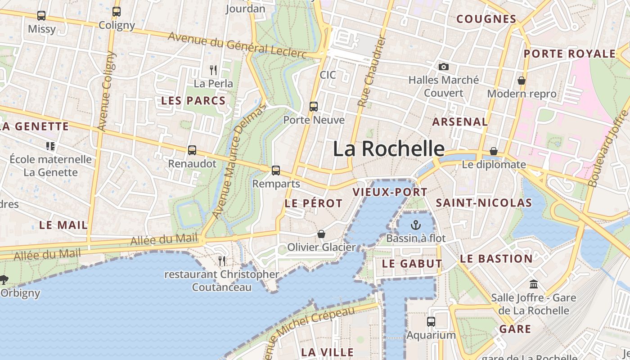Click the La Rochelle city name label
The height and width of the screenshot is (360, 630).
[389, 148]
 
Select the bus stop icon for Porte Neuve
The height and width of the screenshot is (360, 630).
[314, 107]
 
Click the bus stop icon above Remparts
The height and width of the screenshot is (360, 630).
[276, 171]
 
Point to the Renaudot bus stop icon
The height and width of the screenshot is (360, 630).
[192, 150]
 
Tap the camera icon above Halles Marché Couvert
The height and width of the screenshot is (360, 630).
[444, 67]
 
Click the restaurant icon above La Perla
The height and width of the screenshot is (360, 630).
[213, 70]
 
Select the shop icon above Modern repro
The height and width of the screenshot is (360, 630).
[522, 81]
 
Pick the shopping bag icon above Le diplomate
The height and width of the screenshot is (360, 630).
[494, 151]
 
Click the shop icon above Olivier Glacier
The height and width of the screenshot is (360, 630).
[321, 234]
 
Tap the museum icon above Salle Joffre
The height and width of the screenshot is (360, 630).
[534, 284]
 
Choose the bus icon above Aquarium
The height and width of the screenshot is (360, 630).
[431, 322]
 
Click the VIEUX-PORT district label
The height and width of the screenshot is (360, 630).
[390, 192]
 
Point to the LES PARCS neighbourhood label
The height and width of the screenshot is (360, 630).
[193, 101]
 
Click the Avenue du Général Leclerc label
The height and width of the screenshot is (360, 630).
[237, 45]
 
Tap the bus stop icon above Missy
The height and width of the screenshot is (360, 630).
[41, 16]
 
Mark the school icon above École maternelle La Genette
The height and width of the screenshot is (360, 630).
[50, 146]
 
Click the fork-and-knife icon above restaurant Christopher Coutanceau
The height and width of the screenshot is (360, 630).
[222, 261]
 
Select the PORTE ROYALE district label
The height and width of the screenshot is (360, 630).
[569, 54]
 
